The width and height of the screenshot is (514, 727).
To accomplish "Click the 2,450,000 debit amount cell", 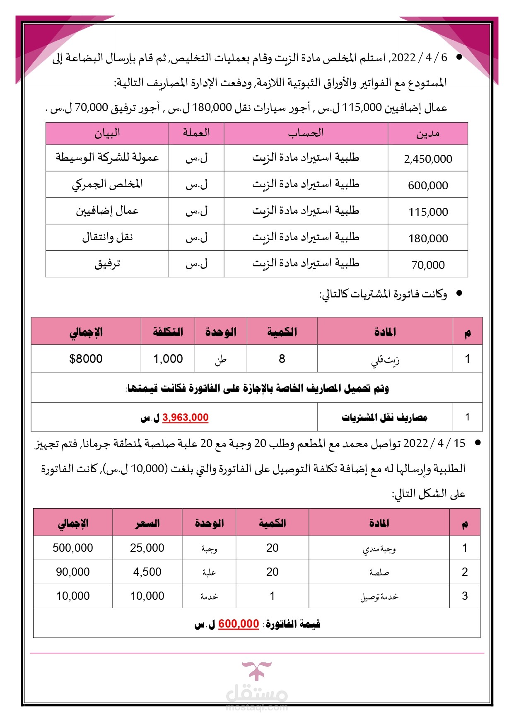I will [x=428, y=159].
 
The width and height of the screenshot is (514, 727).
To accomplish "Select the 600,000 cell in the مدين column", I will [x=428, y=185].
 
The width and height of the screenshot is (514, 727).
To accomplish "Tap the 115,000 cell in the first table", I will [x=428, y=212].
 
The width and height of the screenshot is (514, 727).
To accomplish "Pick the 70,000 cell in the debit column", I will [x=428, y=265].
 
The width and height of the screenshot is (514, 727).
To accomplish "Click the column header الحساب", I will [x=306, y=133].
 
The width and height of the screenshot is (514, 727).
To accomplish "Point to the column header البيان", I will [x=107, y=133].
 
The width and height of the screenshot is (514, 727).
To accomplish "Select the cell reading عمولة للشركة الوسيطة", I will [x=107, y=158].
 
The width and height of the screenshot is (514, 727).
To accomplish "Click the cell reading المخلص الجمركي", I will [x=107, y=184].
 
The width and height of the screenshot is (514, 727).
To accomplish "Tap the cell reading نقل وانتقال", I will [x=107, y=237].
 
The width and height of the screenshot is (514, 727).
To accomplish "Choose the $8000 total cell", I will [x=86, y=359].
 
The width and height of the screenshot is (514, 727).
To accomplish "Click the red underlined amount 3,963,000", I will [x=185, y=418].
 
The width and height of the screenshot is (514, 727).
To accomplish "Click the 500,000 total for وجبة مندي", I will [x=73, y=548].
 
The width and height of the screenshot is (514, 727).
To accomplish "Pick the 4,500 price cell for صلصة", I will [x=147, y=572].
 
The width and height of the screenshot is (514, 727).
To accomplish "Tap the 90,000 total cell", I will [x=73, y=572].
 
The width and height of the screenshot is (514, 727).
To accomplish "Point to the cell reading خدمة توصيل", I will [x=379, y=597].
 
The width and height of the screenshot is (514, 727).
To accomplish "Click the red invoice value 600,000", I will [x=239, y=623].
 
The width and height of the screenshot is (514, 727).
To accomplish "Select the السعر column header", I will [x=147, y=523].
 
